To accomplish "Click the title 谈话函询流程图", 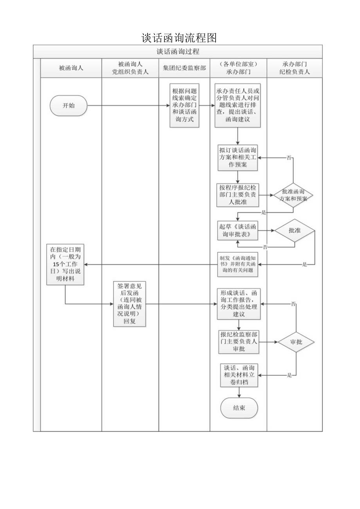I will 179,38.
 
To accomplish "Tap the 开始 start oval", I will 68,106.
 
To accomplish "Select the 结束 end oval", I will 239,408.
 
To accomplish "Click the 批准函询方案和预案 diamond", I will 294,194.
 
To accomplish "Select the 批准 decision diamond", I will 294,230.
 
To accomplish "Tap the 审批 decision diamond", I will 296,342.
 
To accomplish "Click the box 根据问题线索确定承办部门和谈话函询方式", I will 184,106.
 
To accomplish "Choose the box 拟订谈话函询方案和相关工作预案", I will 238,157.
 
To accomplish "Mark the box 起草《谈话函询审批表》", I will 238,230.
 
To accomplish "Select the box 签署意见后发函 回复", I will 129,304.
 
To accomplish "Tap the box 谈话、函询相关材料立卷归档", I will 239,375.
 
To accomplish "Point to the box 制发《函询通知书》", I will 238,264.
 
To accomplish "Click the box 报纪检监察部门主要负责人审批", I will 238,342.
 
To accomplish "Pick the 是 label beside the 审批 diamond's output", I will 290,376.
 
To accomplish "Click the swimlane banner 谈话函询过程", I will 178,52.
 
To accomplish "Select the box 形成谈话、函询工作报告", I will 238,304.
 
